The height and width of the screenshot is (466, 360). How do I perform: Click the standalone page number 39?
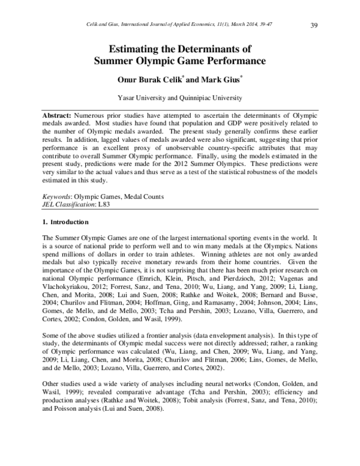pyautogui.click(x=314, y=25)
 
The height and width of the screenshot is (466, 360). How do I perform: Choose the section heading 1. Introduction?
pyautogui.click(x=67, y=223)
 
